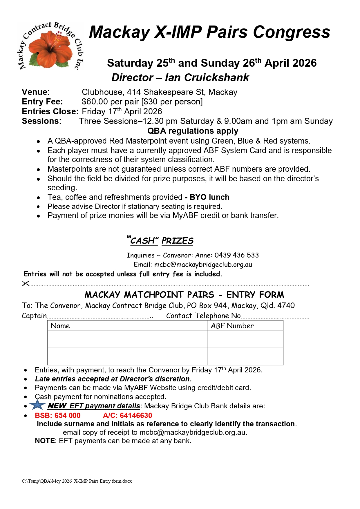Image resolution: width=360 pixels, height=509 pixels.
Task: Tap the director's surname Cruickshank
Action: point(216,78)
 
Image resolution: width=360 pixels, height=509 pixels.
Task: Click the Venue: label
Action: point(36,92)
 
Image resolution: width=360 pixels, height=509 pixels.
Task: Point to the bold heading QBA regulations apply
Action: point(193,131)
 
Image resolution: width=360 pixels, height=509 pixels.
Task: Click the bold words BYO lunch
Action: point(209,197)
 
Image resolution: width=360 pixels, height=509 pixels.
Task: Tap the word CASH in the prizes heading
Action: point(143,241)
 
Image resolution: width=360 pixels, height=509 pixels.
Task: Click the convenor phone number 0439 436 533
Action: point(236,255)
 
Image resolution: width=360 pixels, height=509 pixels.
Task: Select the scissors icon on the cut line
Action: point(26,284)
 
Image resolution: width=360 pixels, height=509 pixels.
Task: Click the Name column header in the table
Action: point(60,326)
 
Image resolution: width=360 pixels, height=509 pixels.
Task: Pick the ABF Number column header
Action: point(232,326)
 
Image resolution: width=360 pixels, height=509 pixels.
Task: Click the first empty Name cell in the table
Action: point(127,339)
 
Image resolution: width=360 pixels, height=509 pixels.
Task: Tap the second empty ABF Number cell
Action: point(245,356)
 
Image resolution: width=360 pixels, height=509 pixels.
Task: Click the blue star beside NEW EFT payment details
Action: point(37,405)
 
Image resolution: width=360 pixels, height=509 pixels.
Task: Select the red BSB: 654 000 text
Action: point(57,415)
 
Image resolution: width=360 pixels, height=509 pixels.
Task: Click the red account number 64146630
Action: point(136,415)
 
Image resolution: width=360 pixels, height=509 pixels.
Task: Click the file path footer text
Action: point(77,481)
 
